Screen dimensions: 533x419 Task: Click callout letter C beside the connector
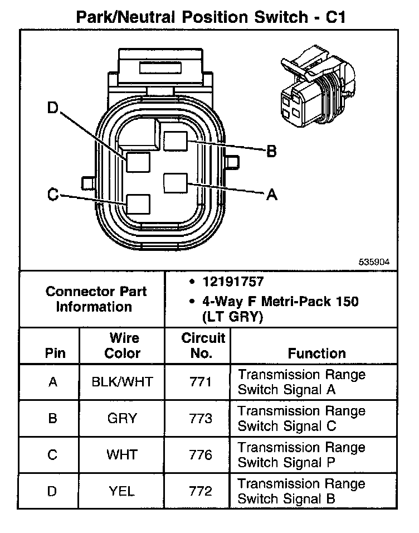(x=53, y=195)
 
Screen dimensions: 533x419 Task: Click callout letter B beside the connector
(x=271, y=151)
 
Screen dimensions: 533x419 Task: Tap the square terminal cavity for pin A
(x=176, y=183)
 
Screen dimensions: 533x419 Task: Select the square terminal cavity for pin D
(x=138, y=161)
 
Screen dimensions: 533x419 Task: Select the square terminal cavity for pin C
(x=138, y=204)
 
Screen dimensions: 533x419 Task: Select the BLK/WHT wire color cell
(x=121, y=382)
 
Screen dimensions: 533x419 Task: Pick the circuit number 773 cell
(x=201, y=418)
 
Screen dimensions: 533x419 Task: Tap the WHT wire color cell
(x=121, y=455)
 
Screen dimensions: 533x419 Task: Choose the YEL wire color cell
(x=121, y=491)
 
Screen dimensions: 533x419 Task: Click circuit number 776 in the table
(x=201, y=455)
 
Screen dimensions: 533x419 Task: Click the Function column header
(x=316, y=353)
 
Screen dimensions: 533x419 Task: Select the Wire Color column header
(x=123, y=346)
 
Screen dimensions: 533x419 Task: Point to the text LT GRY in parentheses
(x=232, y=317)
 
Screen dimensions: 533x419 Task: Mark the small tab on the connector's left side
(x=87, y=182)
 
